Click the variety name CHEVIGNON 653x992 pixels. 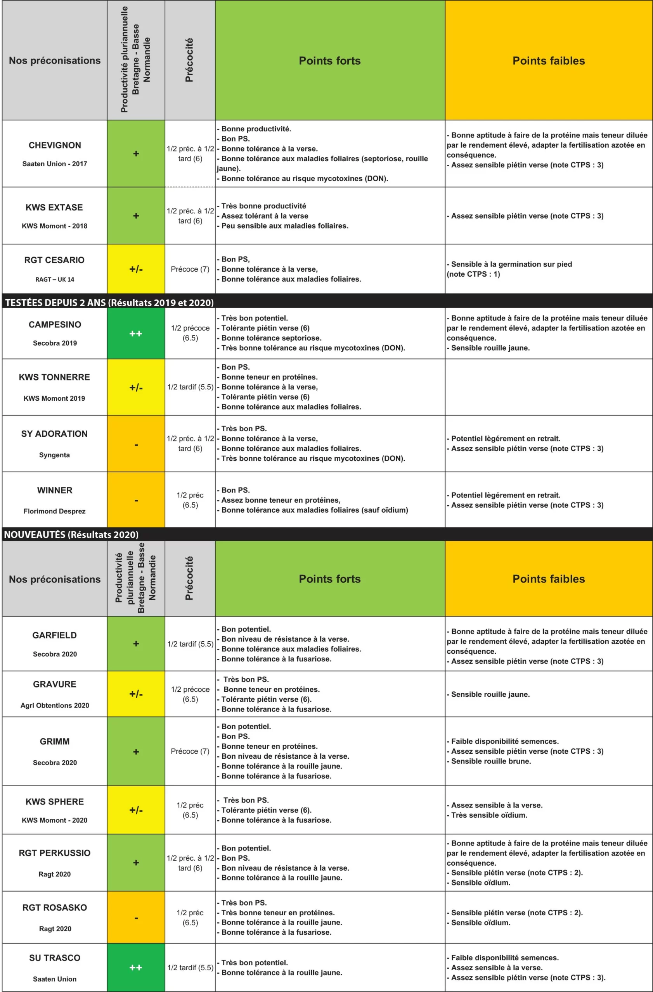[55, 145]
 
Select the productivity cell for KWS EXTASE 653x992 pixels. [136, 216]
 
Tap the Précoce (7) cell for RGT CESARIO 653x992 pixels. [190, 269]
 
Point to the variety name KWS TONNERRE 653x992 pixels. [54, 377]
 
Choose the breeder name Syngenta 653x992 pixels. [54, 455]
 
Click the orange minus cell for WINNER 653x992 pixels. [136, 500]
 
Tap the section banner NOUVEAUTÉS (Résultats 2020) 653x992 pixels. [71, 534]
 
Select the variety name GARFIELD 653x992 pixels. [55, 635]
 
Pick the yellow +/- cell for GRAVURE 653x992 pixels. [136, 694]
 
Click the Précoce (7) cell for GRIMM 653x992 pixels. [190, 751]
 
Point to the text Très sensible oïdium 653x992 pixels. [489, 815]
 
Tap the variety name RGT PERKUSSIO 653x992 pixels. [55, 853]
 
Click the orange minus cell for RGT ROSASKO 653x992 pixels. [136, 917]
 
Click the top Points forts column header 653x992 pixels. [330, 61]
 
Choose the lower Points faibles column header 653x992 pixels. [548, 579]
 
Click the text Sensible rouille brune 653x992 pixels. [491, 761]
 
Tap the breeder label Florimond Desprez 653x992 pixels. [54, 511]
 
